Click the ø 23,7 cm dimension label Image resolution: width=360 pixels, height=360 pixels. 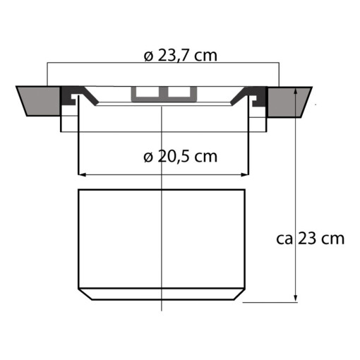click(180, 56)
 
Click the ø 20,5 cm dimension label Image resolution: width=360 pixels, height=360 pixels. click(180, 157)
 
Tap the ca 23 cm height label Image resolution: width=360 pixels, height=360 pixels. click(310, 239)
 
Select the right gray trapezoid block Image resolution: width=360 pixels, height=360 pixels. click(289, 102)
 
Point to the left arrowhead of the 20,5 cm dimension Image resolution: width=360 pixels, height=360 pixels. click(81, 174)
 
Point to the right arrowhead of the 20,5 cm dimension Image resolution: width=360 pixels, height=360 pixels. click(245, 174)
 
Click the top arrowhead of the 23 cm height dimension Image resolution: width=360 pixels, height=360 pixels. click(296, 91)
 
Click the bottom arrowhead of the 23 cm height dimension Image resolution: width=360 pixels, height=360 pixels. click(296, 299)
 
